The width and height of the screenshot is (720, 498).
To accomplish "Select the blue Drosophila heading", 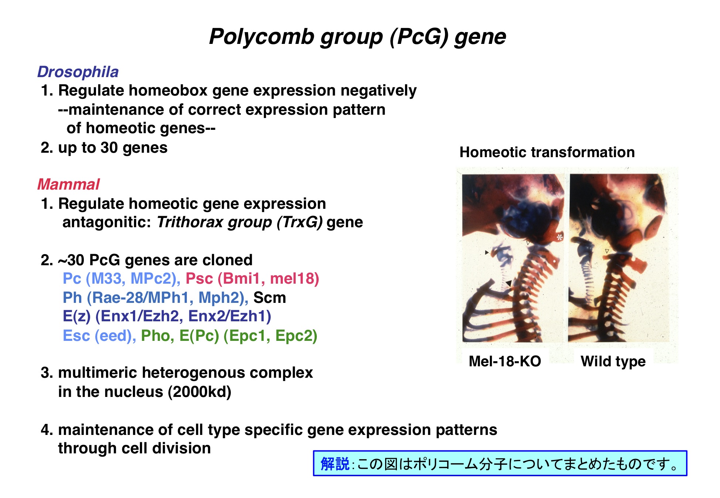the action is pos(78,72).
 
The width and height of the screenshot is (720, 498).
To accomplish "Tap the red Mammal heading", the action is pos(68,184).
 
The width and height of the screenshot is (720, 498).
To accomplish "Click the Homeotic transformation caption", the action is pos(547,152).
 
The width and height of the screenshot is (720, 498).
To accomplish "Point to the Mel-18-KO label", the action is pos(505,361).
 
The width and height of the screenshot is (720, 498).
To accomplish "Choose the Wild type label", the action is pos(613,362).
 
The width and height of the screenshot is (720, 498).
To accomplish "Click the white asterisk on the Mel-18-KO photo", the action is pos(560,237).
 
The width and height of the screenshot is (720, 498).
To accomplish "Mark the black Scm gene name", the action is pos(270,298).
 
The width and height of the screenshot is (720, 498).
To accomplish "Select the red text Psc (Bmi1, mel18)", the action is pos(252,279).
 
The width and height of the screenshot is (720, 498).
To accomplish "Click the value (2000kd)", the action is pos(200,392).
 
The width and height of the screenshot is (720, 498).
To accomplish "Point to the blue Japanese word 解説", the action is pos(335,464).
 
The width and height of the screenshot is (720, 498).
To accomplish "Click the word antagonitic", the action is pos(107,222).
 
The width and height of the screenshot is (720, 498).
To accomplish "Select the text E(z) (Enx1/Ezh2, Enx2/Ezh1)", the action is pos(167,317).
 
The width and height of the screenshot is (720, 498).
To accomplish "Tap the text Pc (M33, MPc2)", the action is pos(121,279).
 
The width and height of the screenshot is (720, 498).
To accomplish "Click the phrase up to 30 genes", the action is pos(113,148).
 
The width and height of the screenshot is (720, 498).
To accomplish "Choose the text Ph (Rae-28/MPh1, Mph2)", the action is pos(155,298).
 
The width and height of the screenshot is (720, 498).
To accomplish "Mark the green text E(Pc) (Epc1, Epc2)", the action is pos(248,336).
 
